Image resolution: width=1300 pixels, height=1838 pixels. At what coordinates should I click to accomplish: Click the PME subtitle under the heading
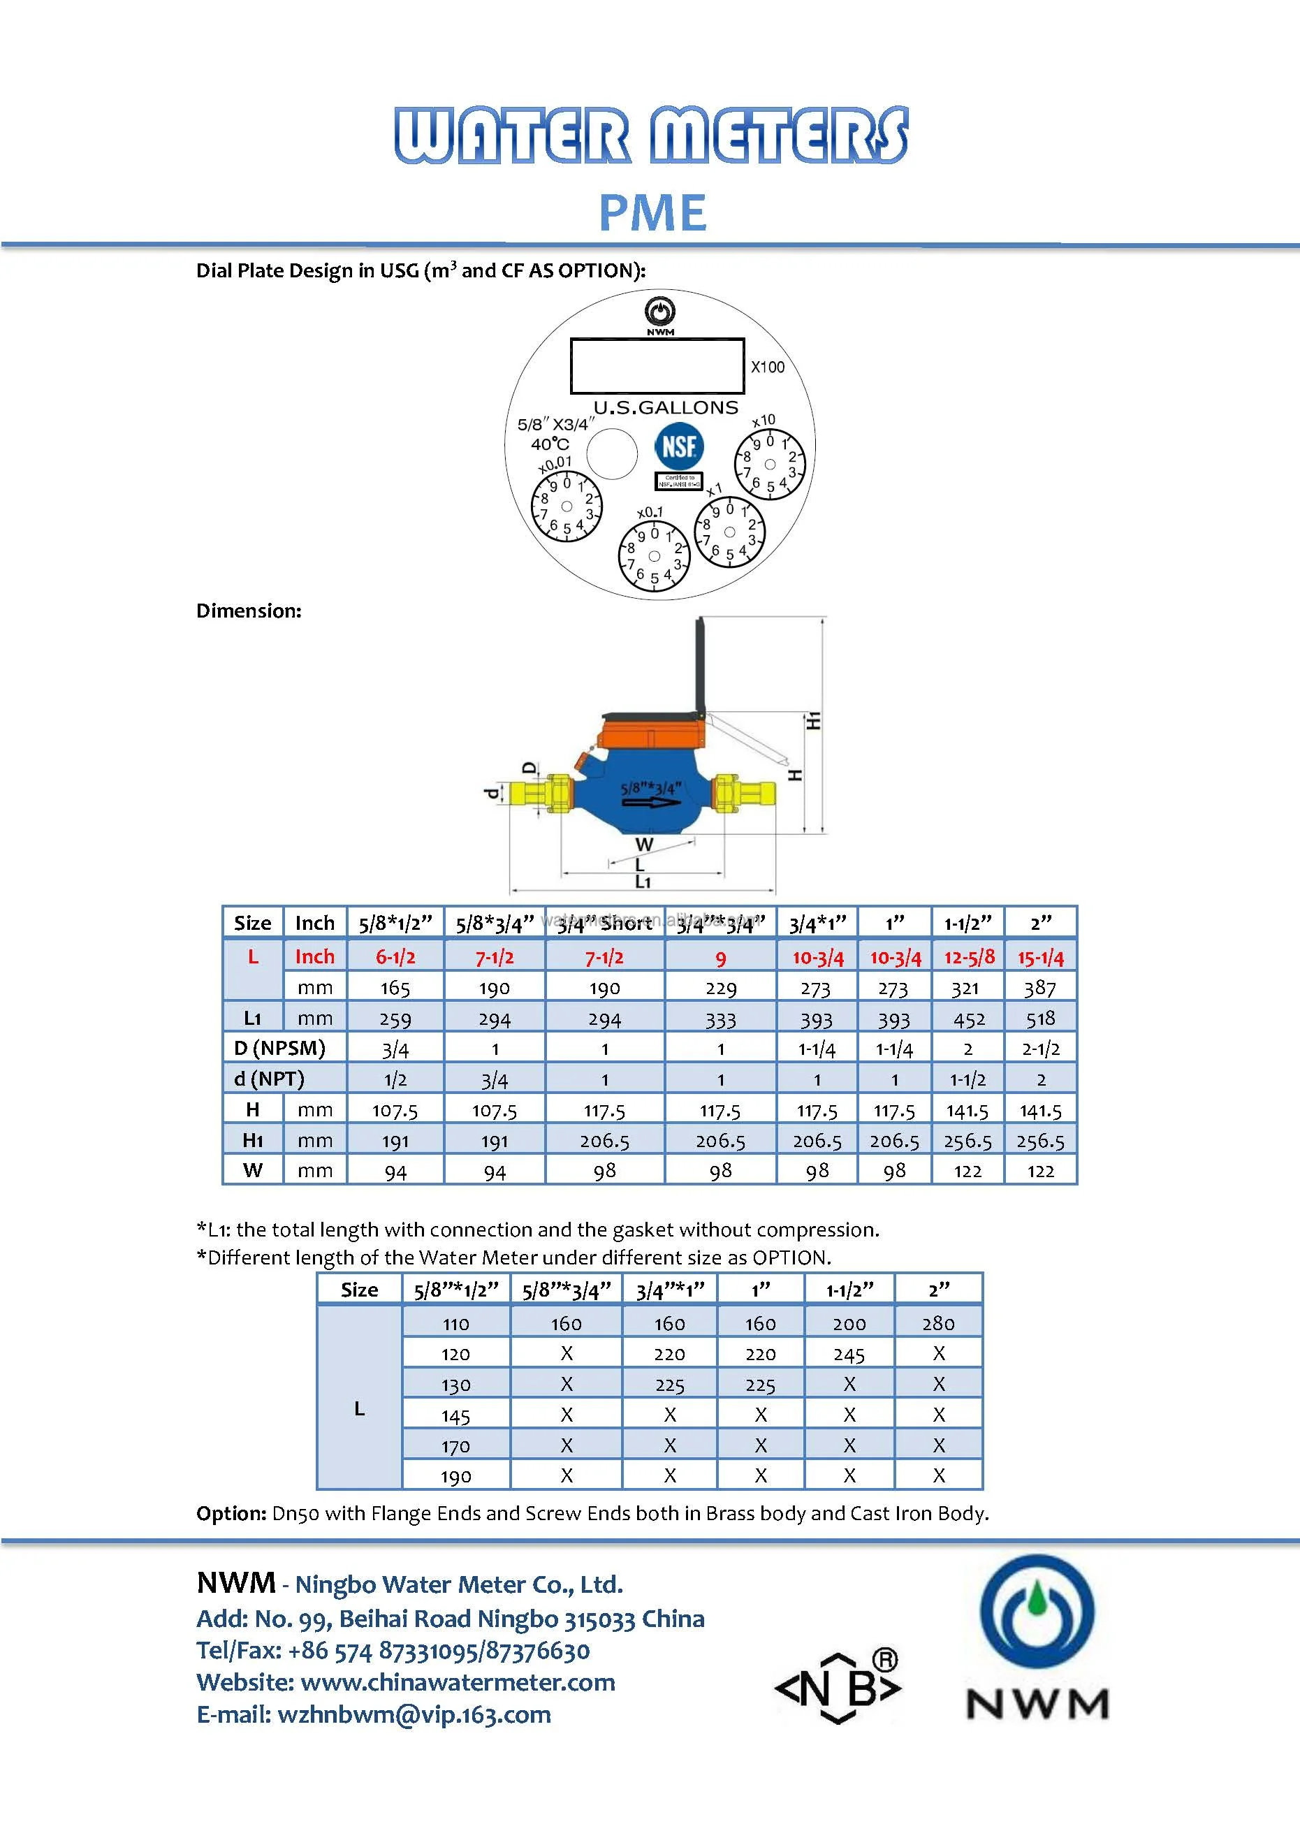(x=652, y=213)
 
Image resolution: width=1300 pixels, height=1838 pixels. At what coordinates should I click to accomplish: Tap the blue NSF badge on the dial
(x=679, y=446)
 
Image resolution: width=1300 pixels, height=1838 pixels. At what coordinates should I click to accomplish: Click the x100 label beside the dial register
(x=767, y=367)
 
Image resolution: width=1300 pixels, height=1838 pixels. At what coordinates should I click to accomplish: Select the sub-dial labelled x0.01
(x=566, y=506)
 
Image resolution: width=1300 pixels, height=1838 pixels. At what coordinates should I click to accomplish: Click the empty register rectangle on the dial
(x=657, y=366)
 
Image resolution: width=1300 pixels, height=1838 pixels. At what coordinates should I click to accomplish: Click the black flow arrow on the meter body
(x=650, y=801)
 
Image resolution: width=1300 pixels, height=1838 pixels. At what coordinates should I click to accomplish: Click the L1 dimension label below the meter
(x=643, y=882)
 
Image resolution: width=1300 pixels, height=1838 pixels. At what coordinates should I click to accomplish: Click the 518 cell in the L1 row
(x=1040, y=1019)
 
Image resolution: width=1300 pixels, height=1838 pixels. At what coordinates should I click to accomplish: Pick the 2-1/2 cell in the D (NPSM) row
(x=1040, y=1049)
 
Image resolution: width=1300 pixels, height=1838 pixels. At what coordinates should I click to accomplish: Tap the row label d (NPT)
(x=269, y=1079)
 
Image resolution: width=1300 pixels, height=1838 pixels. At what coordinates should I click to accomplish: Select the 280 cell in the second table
(x=937, y=1323)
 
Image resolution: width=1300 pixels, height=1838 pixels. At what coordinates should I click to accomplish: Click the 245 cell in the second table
(x=849, y=1355)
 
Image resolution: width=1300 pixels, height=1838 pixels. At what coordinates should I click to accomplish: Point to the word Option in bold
(x=231, y=1513)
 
